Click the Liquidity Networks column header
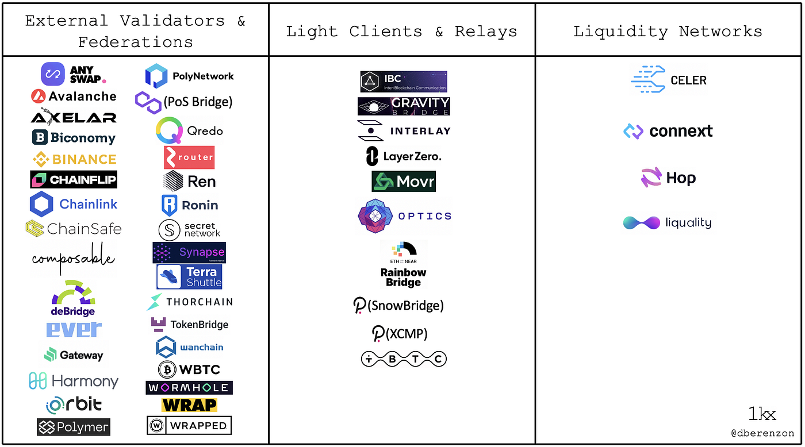668,31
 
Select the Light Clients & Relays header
401,31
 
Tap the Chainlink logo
73,204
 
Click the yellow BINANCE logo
74,159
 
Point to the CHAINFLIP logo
74,180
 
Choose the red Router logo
189,157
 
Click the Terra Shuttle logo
189,276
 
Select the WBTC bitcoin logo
189,369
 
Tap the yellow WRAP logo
189,405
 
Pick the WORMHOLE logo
189,387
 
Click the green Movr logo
404,182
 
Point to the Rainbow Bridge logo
404,264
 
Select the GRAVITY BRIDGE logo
404,106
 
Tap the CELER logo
669,80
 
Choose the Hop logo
668,178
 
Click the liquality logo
668,222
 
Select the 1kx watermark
762,414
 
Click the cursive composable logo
73,259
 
